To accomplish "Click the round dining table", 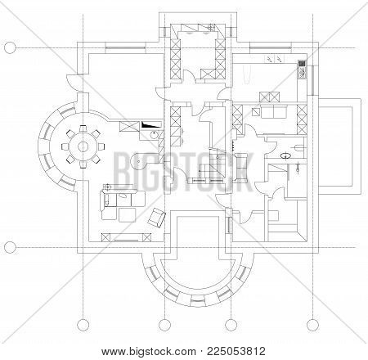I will click(83, 146).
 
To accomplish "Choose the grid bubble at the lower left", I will click(9, 245).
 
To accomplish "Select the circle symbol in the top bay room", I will click(211, 27).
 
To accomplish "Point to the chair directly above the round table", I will click(82, 126).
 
